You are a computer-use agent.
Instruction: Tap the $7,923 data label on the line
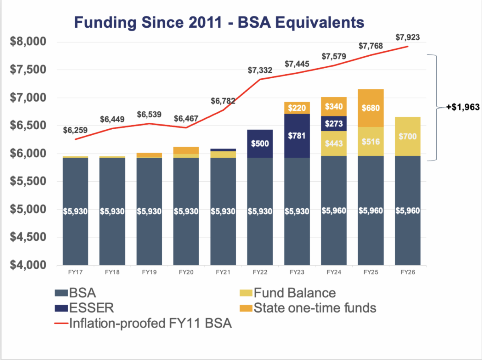[x=408, y=38]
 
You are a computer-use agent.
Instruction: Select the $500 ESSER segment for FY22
[x=260, y=144]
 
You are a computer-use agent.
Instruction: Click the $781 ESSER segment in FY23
[x=297, y=136]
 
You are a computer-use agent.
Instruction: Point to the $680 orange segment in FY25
[x=371, y=108]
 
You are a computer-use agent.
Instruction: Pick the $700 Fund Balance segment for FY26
[x=408, y=136]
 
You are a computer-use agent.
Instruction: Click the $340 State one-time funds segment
[x=334, y=107]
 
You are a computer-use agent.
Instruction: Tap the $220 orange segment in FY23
[x=297, y=108]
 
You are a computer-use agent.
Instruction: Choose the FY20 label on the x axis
[x=186, y=272]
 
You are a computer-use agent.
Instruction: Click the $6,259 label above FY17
[x=75, y=130]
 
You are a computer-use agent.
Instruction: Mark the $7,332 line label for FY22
[x=260, y=70]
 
